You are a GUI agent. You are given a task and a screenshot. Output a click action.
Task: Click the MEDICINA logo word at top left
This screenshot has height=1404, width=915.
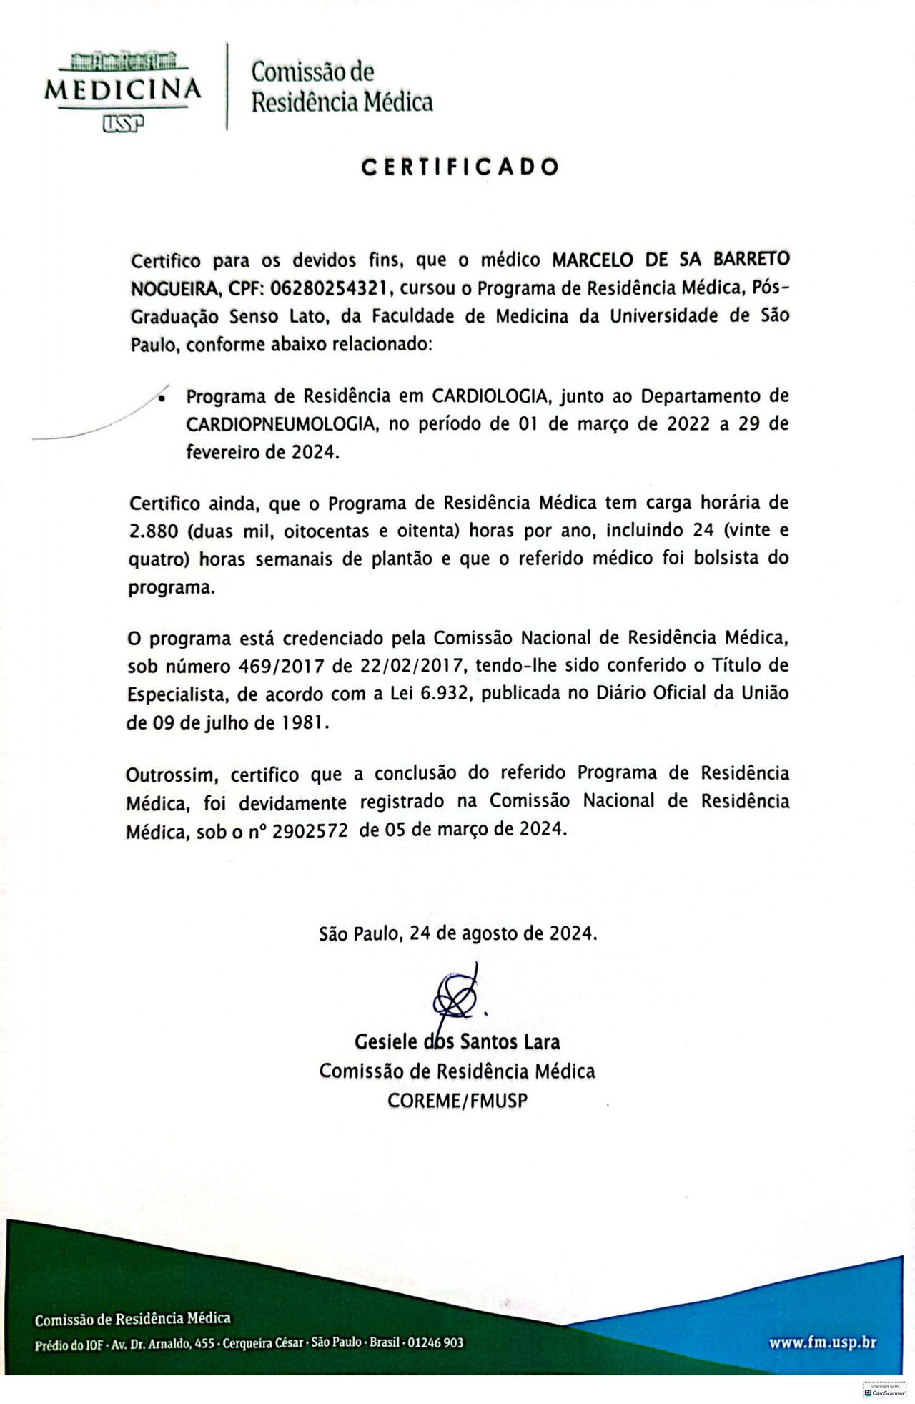tap(123, 90)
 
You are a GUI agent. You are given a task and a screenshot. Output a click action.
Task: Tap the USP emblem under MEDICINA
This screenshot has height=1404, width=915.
tap(123, 124)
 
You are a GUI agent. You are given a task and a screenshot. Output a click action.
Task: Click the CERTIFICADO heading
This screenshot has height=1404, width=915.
tap(460, 167)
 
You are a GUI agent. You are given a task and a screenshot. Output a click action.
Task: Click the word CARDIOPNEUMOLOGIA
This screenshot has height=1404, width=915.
tap(281, 424)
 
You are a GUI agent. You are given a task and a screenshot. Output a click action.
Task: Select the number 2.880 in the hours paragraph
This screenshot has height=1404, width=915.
tap(154, 531)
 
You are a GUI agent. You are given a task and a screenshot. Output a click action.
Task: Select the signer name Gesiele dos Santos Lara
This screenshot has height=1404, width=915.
tap(457, 1041)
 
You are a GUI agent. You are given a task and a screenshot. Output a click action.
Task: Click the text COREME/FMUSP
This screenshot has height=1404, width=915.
tap(457, 1101)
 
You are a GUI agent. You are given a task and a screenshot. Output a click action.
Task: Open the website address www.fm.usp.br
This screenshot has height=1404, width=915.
tap(822, 1343)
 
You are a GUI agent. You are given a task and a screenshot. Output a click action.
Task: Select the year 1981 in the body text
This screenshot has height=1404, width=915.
tap(304, 723)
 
